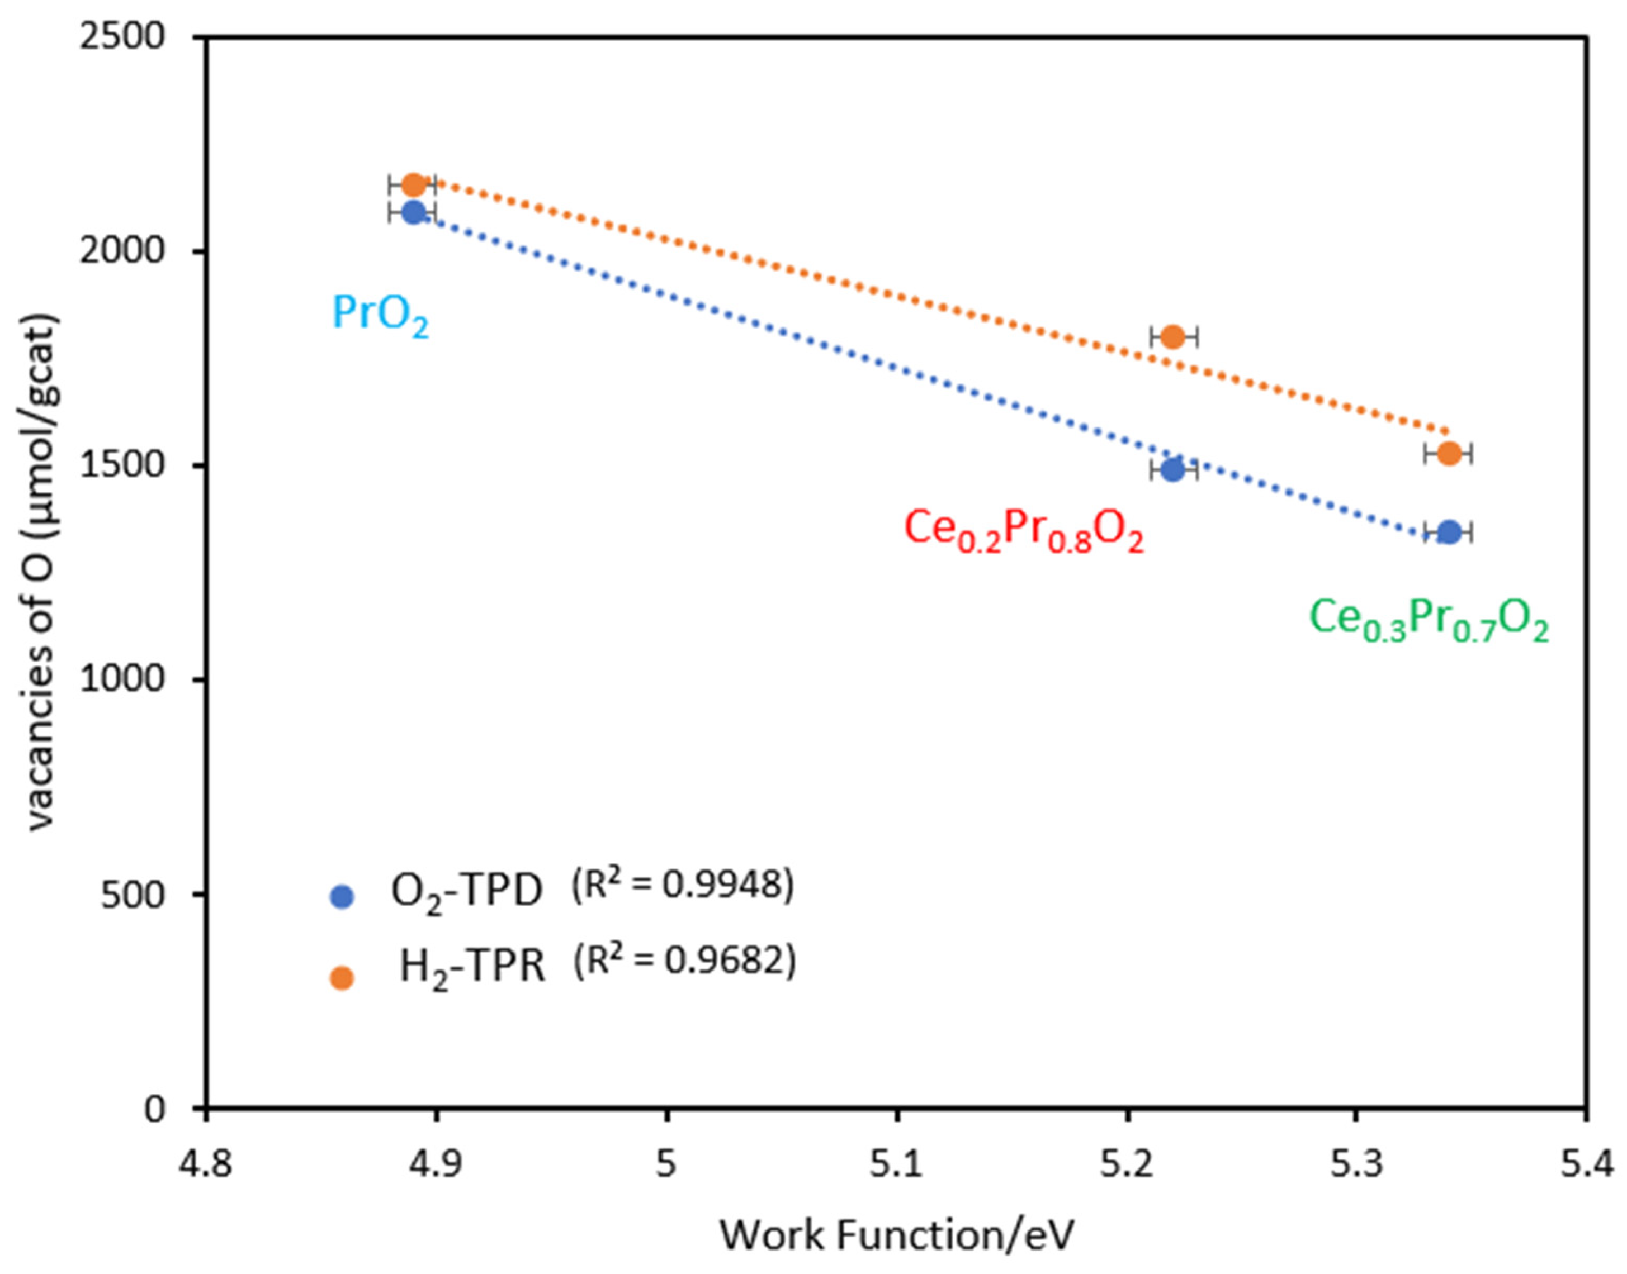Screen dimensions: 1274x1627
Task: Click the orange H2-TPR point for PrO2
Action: (413, 184)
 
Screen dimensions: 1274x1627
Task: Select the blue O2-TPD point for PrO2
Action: (413, 212)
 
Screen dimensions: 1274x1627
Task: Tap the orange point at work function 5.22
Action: (1172, 336)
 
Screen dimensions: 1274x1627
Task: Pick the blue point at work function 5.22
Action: (1172, 469)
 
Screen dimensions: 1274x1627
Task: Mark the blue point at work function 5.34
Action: (1448, 532)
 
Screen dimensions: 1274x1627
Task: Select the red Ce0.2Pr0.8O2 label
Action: (1023, 532)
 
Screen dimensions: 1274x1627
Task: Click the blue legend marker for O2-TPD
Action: (342, 896)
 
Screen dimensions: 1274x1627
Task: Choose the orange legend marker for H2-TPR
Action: (342, 978)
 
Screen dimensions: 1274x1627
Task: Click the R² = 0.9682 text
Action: (684, 962)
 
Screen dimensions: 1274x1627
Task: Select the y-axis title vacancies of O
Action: (42, 571)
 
